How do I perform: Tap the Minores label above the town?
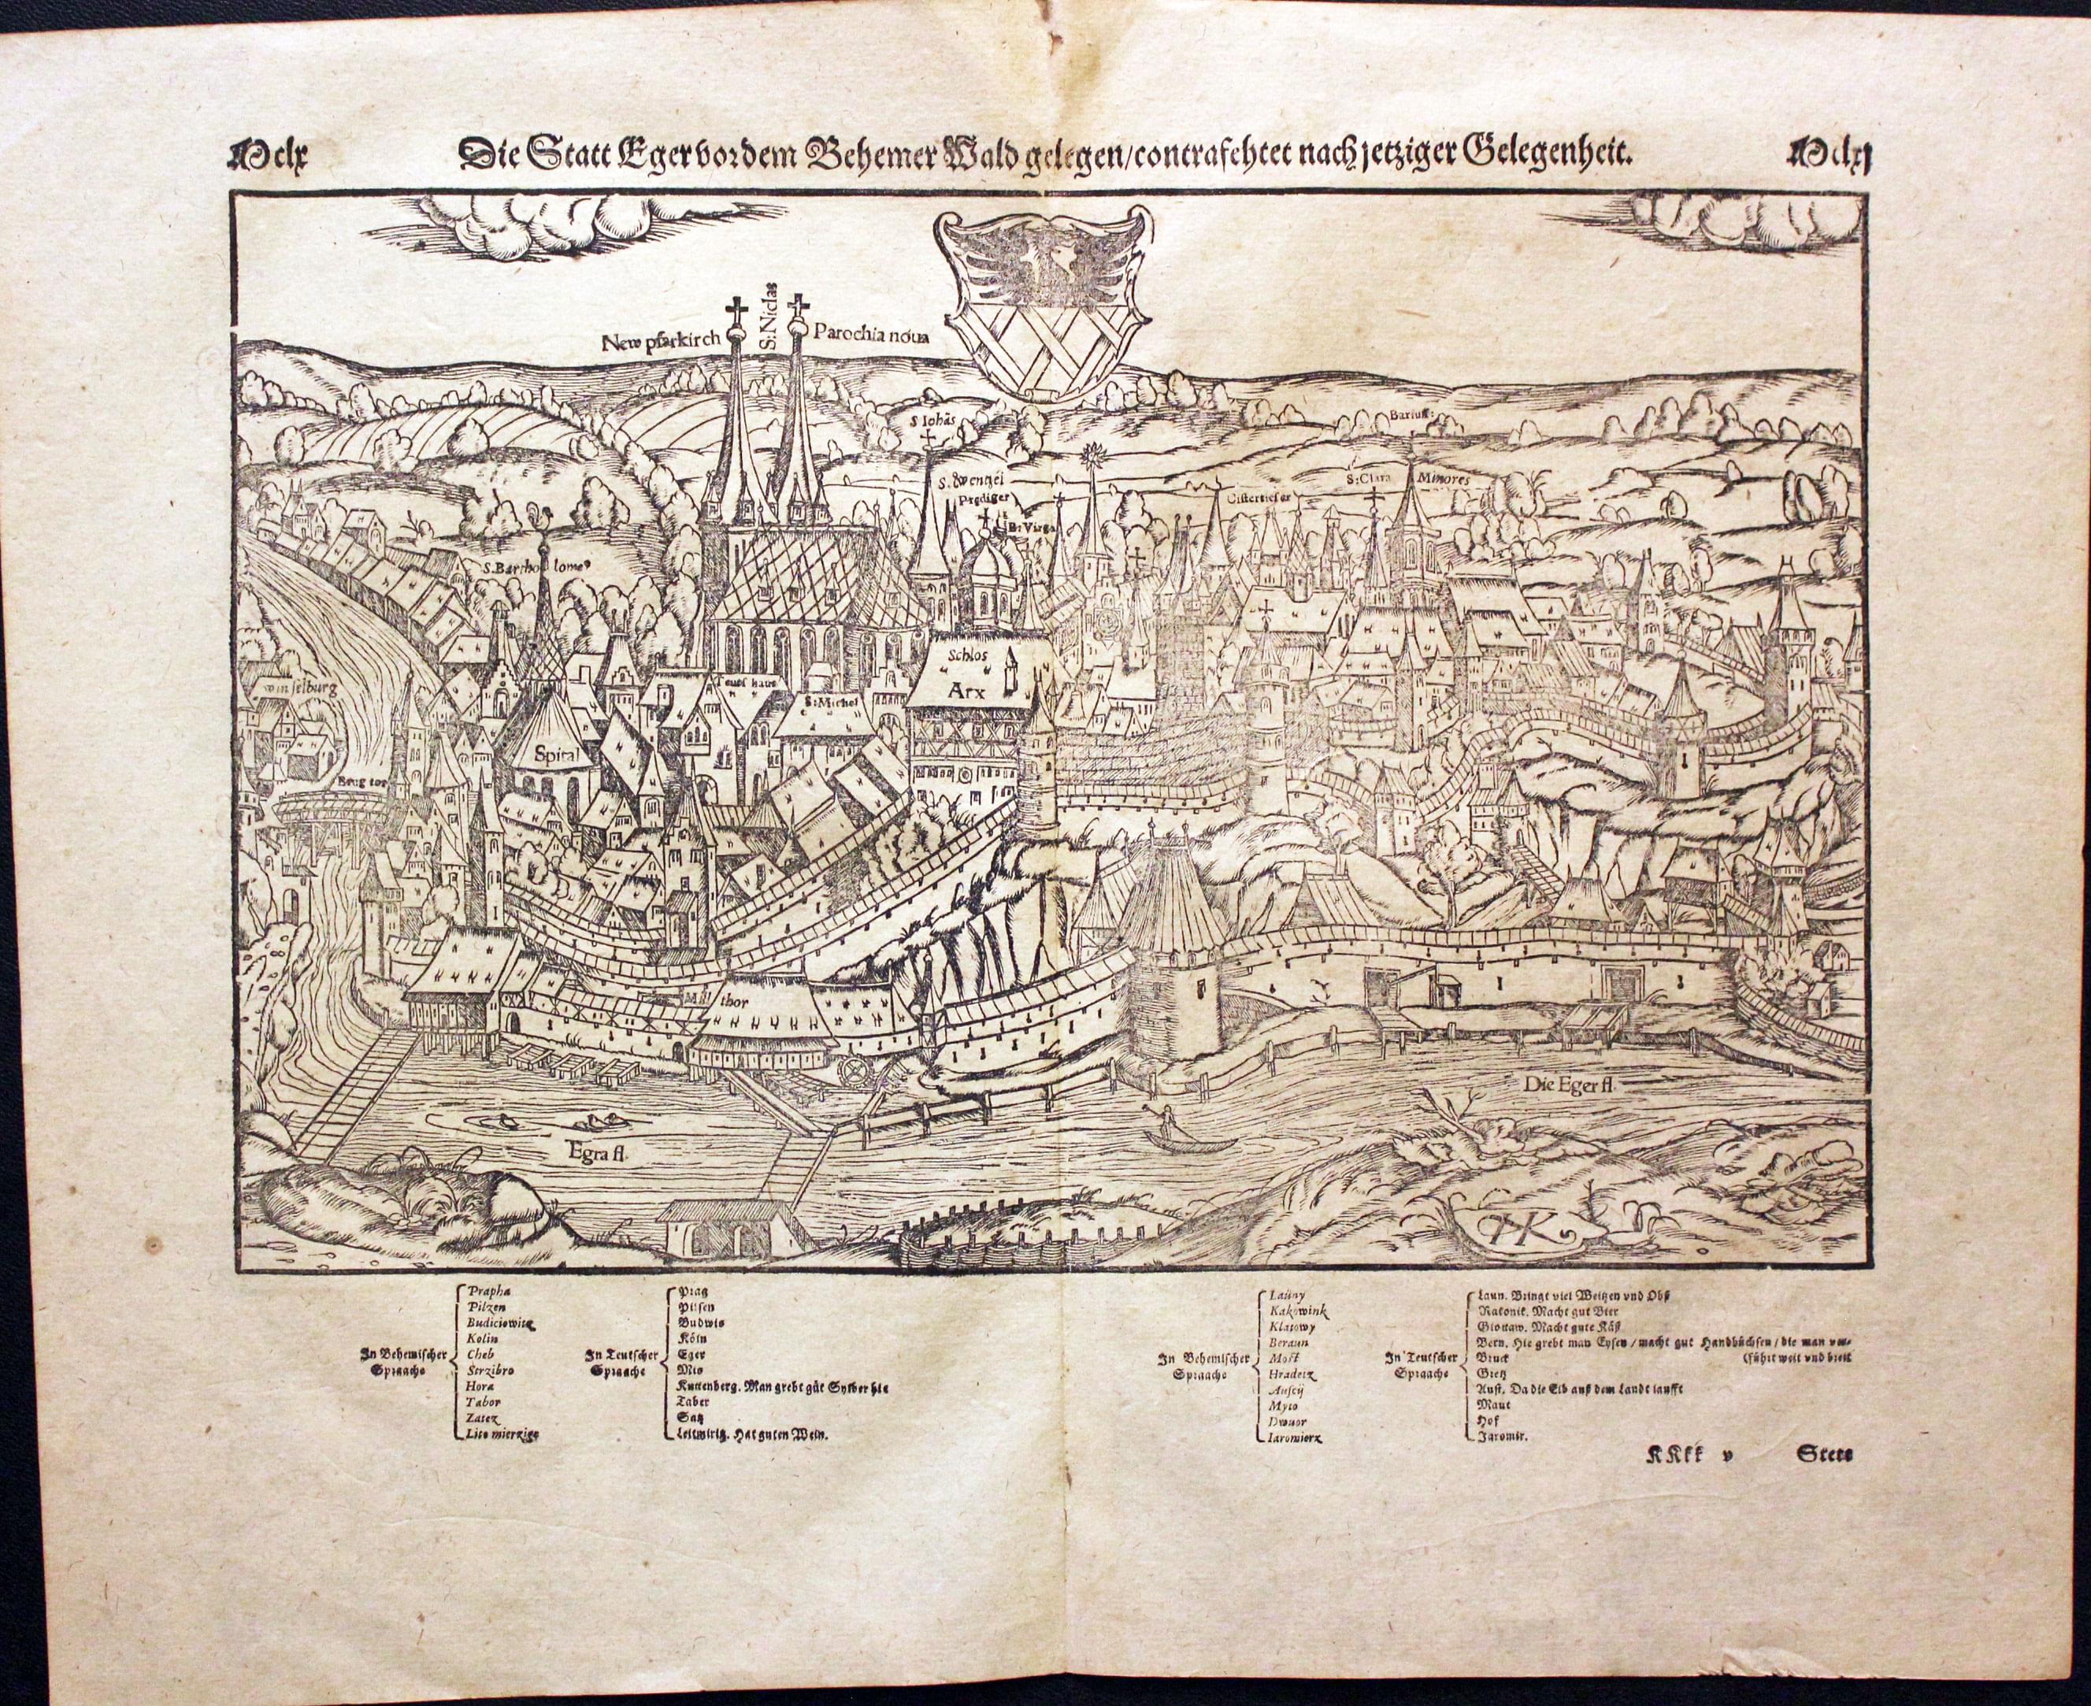(x=1443, y=477)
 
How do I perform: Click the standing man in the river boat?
(x=1166, y=1118)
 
